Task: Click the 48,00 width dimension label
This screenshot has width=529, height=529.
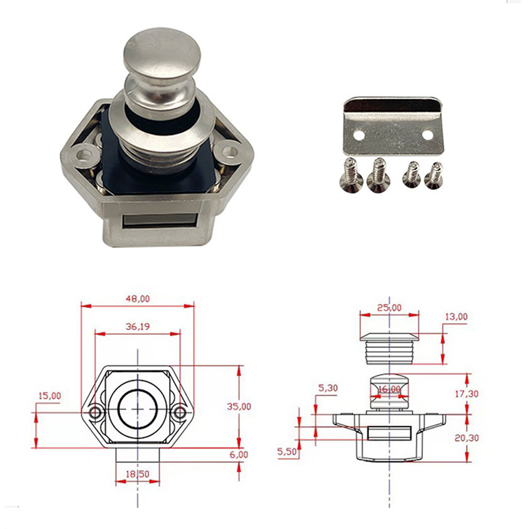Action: pyautogui.click(x=138, y=299)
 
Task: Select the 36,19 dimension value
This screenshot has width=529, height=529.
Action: pyautogui.click(x=138, y=326)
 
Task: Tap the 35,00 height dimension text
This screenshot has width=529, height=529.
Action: pyautogui.click(x=239, y=406)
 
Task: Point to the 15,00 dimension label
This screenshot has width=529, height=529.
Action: pyautogui.click(x=50, y=396)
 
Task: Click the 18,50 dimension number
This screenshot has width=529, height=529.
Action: pyautogui.click(x=138, y=474)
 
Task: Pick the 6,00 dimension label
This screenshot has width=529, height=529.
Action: pyautogui.click(x=239, y=455)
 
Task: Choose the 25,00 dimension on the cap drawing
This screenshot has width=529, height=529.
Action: pyautogui.click(x=389, y=307)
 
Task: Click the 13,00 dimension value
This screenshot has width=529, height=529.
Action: pyautogui.click(x=456, y=317)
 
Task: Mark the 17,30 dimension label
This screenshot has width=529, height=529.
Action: pyautogui.click(x=467, y=394)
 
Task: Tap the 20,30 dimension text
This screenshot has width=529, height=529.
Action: pyautogui.click(x=467, y=438)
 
